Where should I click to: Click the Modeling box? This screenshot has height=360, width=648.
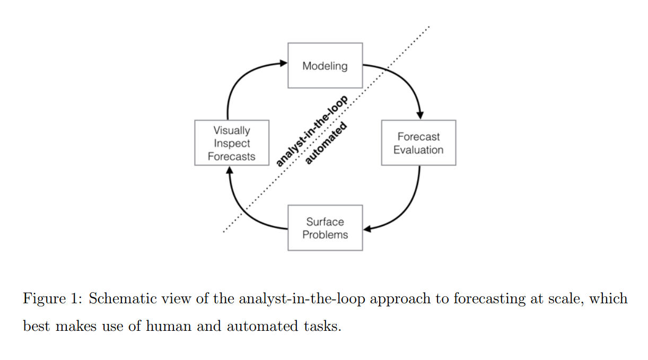click(325, 66)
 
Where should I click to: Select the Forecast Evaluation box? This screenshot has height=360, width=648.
click(418, 143)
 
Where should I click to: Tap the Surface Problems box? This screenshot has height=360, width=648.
click(325, 228)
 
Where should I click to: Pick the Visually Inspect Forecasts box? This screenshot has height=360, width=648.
click(232, 143)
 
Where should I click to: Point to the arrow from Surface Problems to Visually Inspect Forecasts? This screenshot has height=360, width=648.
click(241, 209)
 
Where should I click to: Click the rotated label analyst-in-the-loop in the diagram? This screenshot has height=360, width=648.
click(312, 130)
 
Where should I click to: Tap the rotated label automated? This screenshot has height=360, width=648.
click(327, 143)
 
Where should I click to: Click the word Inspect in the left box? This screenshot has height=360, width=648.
click(232, 143)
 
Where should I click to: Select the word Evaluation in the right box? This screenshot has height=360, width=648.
click(418, 150)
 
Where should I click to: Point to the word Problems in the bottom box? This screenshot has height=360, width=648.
click(325, 234)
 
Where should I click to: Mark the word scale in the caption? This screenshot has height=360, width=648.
click(563, 299)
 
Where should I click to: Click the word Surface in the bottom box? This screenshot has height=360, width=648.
click(325, 222)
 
